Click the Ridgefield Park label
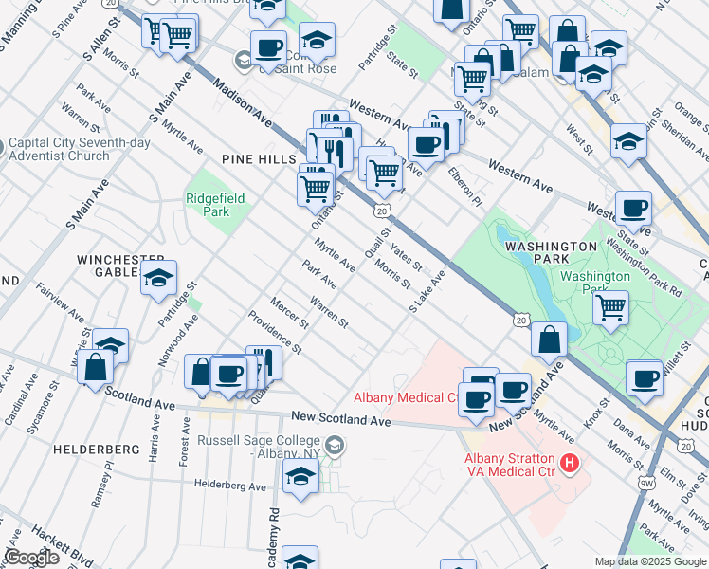pos(208,205)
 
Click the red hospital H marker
pos(570,463)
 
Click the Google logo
pos(32,558)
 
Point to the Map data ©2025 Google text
pos(650,561)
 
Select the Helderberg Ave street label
pos(229,486)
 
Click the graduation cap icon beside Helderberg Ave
pos(300,479)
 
